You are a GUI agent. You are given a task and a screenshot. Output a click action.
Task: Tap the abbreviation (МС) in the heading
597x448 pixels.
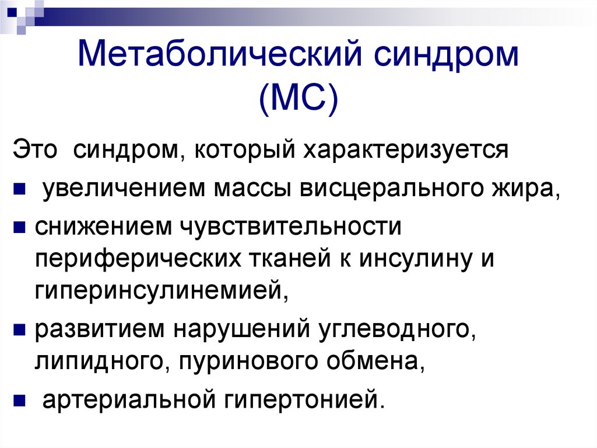[298, 99]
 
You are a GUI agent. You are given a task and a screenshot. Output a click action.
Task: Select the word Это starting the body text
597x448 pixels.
[35, 150]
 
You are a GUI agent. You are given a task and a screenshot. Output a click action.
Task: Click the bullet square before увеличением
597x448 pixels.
[19, 189]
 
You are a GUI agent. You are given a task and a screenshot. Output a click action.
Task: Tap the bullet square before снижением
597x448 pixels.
[19, 227]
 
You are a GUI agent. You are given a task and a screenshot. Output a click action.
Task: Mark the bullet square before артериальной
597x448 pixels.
[19, 400]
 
